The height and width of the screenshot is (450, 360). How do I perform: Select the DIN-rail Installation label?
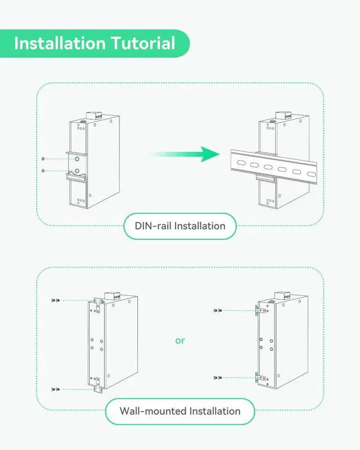[x=180, y=226]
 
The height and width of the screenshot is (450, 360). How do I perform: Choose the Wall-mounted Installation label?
[x=180, y=411]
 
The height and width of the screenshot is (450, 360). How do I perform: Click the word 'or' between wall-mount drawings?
[x=180, y=341]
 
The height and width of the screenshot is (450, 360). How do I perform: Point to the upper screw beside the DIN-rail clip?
[x=43, y=159]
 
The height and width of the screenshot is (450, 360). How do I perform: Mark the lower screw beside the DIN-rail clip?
[x=43, y=170]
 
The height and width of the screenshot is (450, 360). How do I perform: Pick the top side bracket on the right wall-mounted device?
[x=259, y=310]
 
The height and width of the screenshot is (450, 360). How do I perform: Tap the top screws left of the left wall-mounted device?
[x=55, y=301]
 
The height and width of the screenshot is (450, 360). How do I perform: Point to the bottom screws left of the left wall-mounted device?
[x=55, y=389]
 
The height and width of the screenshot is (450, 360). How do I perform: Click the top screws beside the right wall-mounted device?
[x=218, y=310]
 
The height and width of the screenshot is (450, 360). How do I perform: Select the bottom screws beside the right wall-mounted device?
[x=218, y=377]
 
